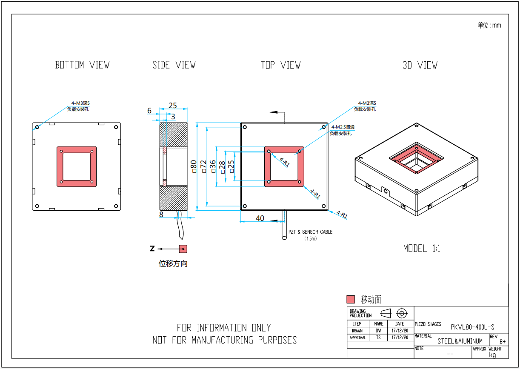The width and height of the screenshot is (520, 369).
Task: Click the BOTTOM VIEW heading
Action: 83,65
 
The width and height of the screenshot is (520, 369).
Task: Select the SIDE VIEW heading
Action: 174,65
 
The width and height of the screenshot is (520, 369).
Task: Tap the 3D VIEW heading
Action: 420,65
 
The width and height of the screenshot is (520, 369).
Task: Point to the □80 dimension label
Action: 194,166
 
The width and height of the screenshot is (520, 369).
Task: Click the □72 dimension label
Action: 203,166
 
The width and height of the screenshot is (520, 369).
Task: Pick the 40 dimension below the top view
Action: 260,218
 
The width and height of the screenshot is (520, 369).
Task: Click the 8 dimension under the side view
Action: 161,215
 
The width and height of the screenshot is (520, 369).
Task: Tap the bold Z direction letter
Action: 152,249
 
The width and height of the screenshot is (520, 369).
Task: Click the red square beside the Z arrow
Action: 183,249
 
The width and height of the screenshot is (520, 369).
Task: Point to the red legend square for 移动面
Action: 351,299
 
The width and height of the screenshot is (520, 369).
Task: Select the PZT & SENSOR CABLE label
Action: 311,232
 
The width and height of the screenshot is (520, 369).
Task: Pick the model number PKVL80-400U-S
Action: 472,327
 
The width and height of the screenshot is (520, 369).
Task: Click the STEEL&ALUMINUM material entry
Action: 460,341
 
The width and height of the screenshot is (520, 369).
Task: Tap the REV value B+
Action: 503,341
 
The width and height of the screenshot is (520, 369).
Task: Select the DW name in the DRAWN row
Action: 378,331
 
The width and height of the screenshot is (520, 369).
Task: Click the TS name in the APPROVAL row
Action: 378,338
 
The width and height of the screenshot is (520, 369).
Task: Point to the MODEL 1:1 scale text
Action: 422,249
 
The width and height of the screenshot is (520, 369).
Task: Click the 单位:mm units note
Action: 489,26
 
